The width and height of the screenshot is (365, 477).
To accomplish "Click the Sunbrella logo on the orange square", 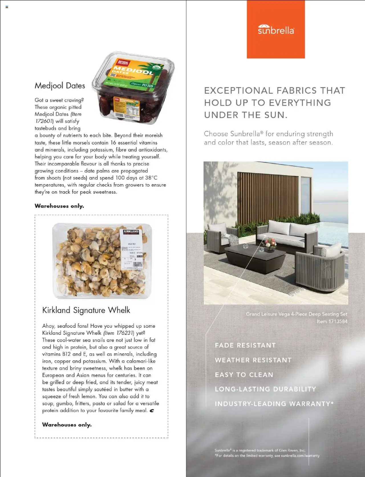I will tap(276, 30).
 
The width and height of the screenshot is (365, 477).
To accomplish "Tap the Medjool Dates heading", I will tap(60, 86).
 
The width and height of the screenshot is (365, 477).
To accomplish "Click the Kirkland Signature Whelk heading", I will tap(86, 310).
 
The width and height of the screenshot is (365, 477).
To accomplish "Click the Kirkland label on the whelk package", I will tap(131, 232).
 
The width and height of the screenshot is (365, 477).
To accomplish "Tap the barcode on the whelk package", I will tap(137, 265).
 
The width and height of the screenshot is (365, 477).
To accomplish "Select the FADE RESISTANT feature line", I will tap(245, 345).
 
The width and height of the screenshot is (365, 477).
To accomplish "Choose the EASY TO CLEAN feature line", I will tap(244, 375).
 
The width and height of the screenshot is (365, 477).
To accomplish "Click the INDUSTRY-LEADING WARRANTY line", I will tap(274, 404).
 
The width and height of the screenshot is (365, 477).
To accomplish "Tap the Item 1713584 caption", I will tap(332, 322).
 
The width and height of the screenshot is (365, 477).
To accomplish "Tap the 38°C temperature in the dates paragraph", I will tap(151, 178).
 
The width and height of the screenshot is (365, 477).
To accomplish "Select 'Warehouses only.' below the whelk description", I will tap(67, 425).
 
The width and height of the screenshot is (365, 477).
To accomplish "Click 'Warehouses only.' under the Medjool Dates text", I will tap(59, 206).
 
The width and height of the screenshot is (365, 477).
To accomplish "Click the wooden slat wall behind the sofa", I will tap(268, 194).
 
